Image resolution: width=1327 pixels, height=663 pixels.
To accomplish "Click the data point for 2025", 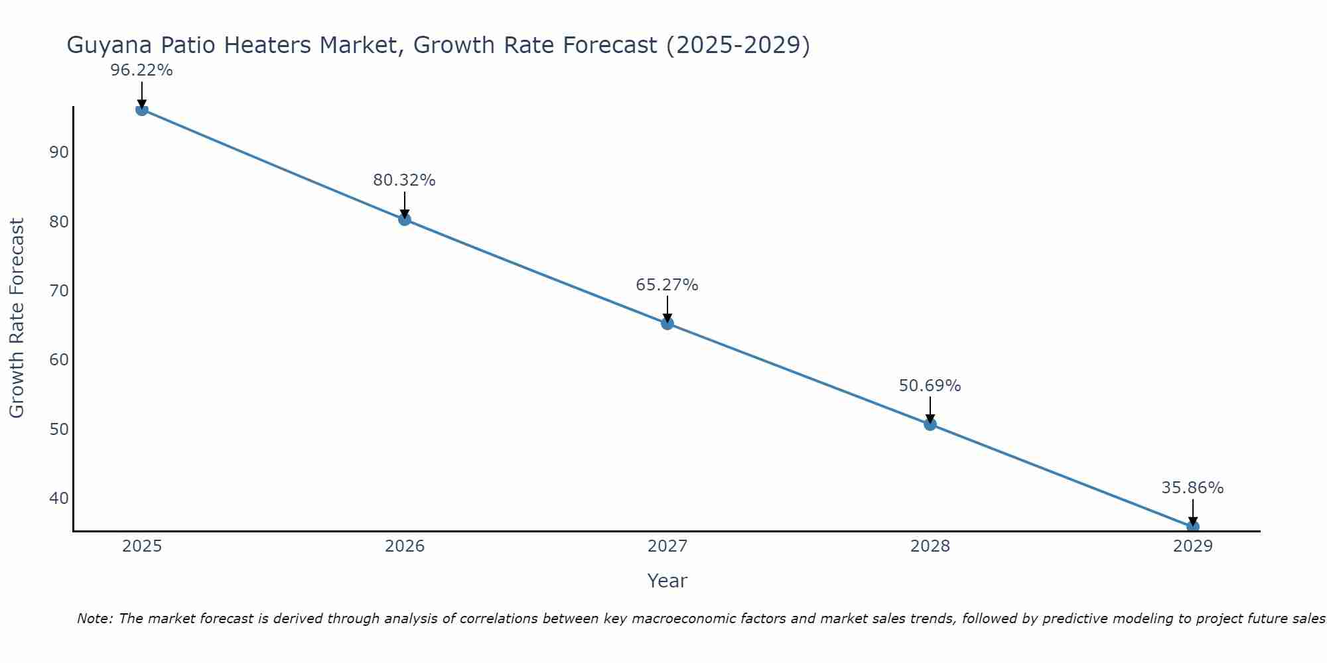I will pos(141,109).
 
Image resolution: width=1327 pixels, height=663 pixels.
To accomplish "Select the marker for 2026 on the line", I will pos(405,219).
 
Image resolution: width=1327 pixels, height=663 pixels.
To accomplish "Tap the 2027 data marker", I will pos(667,324).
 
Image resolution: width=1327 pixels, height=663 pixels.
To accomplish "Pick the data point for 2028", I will pos(930,424).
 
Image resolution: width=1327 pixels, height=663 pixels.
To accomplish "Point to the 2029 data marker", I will pos(1192,527).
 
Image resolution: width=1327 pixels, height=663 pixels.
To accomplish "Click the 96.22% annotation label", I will pos(141,70).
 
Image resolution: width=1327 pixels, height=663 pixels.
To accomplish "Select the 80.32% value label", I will pos(404,180).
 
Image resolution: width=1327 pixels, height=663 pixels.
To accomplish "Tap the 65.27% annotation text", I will pos(667,285).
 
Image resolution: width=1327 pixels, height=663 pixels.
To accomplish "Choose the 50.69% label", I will pos(930,386).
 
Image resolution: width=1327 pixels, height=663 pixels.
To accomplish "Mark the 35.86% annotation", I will pos(1192,488).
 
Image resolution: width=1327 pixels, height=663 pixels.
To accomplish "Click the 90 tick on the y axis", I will pos(59,152).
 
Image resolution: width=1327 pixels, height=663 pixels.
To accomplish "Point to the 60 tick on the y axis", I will pos(59,360).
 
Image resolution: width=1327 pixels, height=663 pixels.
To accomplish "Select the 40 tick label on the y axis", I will pos(59,498).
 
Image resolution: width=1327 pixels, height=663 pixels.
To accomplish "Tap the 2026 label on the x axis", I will pos(405,546).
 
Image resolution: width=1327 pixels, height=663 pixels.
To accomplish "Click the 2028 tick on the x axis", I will pos(930,546).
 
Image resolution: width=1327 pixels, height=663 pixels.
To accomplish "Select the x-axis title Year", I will pos(667,581).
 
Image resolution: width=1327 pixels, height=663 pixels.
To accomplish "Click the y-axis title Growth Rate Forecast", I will pos(17,318).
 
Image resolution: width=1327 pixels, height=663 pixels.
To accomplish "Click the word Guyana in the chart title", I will pos(107,46).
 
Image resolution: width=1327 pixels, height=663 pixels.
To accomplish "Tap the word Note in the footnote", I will pos(94,619).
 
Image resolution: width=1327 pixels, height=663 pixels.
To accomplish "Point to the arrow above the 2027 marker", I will pos(667,309).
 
